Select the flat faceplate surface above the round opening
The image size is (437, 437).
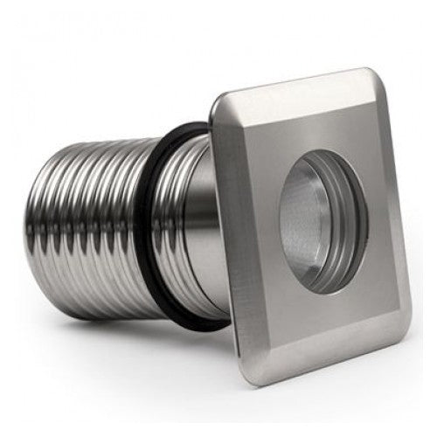point(297,122)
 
